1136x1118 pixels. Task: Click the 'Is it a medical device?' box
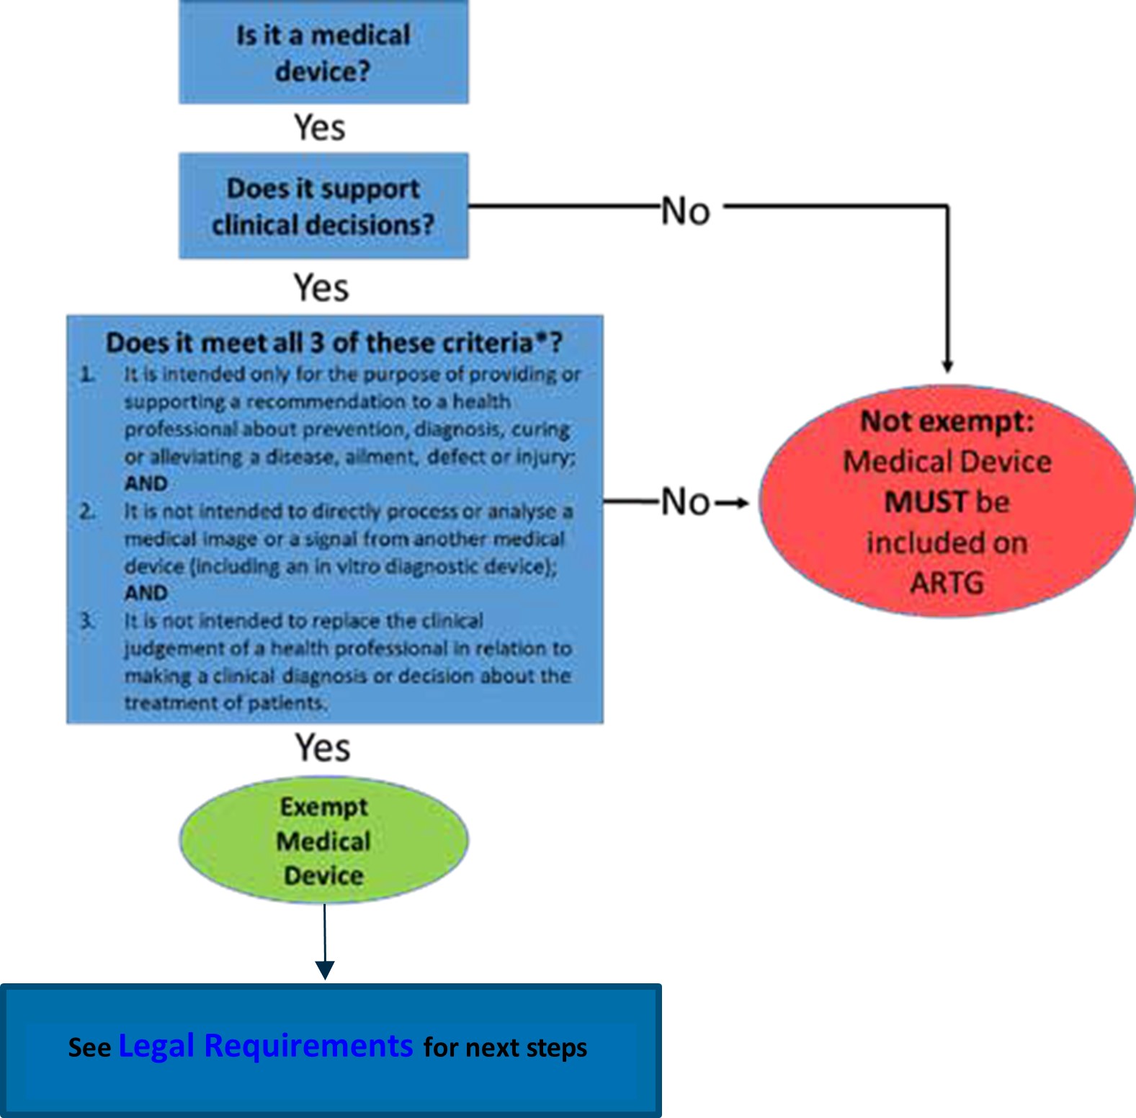pos(323,53)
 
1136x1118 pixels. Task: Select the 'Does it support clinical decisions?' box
pos(323,206)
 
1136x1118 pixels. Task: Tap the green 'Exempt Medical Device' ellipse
pos(323,840)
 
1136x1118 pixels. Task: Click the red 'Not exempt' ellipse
pos(947,501)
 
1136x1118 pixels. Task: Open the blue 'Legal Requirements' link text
pos(265,1045)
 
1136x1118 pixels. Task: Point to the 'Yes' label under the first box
pos(320,128)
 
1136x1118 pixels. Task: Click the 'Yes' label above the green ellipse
pos(323,748)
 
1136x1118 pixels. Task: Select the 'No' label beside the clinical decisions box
pos(686,212)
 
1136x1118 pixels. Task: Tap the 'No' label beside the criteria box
pos(686,501)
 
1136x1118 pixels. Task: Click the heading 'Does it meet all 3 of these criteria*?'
pos(334,343)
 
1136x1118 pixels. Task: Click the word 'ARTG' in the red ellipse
pos(947,583)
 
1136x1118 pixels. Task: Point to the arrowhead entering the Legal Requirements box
pos(325,970)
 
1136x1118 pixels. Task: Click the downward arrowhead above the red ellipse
pos(947,366)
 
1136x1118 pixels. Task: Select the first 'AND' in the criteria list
pos(146,483)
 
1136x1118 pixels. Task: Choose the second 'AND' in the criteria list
pos(146,593)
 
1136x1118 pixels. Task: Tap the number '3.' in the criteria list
pos(87,620)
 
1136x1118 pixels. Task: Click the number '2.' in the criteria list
pos(87,511)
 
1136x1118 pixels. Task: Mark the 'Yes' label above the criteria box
pos(321,287)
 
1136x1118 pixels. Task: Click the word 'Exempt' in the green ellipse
pos(323,807)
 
